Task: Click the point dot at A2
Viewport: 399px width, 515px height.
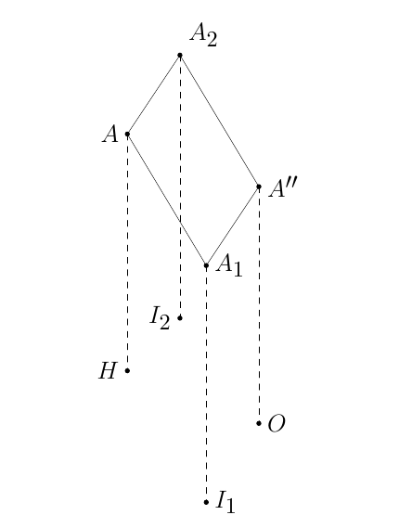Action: (x=180, y=55)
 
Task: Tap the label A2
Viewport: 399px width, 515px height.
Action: (x=203, y=35)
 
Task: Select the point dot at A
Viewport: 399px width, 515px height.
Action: (x=127, y=134)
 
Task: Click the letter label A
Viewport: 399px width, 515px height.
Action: (x=110, y=134)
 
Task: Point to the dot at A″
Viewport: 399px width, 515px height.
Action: (x=259, y=187)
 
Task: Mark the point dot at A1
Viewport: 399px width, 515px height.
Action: (x=206, y=265)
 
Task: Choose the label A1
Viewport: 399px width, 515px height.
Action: (x=229, y=265)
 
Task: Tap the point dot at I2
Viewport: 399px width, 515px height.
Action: (x=180, y=318)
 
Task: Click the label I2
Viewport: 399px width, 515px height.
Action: (x=160, y=317)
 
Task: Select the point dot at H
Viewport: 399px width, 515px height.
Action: (x=127, y=371)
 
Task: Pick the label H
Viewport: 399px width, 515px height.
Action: (x=108, y=371)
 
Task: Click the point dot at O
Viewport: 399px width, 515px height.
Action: (x=259, y=423)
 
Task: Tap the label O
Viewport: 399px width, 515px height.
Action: (x=277, y=423)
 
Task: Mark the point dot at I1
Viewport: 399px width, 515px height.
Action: (x=206, y=502)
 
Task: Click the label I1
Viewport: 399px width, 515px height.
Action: (x=225, y=501)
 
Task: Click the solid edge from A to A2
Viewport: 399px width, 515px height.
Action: (x=154, y=95)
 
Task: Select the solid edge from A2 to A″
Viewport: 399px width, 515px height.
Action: (x=219, y=121)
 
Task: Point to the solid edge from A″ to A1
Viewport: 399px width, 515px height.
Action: (x=233, y=226)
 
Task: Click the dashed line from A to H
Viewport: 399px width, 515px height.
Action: (x=127, y=252)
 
